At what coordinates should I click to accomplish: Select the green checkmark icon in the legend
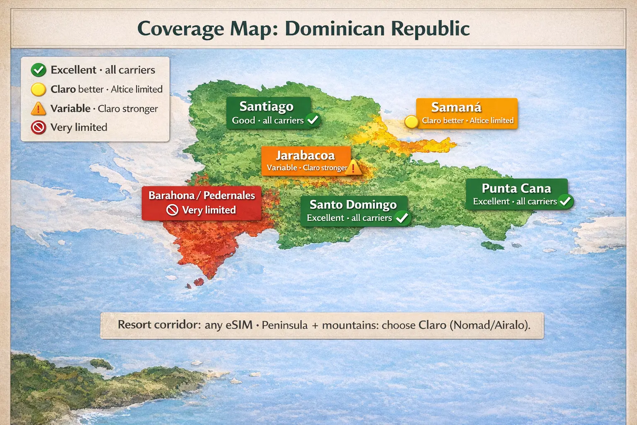point(39,70)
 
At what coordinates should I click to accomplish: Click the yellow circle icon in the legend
point(39,89)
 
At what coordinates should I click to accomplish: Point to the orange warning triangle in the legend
point(39,109)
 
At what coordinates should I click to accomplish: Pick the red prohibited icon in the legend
point(39,127)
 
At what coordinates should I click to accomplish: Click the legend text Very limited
point(79,127)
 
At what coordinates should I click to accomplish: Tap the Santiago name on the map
point(266,107)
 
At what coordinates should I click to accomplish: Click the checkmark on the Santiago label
point(313,120)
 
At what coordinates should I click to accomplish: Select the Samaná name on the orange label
point(456,107)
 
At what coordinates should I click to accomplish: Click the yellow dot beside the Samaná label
point(411,122)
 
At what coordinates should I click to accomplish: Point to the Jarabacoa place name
point(305,156)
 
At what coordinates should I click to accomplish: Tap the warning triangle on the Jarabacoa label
point(353,168)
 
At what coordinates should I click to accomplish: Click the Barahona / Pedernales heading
point(202,195)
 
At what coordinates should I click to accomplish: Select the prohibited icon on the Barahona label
point(172,210)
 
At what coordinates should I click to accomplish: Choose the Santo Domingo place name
point(353,205)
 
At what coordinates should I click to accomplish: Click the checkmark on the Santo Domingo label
point(402,217)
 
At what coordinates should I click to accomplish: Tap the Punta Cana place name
point(516,188)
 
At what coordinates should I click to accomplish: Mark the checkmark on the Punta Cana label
point(565,201)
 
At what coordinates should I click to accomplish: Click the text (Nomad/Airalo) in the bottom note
point(490,325)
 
